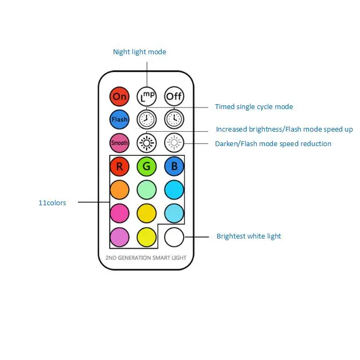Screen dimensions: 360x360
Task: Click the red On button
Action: [119, 96]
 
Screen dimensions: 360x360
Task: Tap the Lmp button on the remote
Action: [147, 96]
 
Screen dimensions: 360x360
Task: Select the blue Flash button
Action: [119, 119]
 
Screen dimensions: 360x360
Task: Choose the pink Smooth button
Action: [119, 143]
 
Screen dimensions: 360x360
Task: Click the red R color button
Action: [119, 166]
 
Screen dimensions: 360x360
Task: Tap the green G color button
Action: [147, 166]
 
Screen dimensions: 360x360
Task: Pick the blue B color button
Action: [174, 166]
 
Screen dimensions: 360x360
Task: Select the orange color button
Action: [119, 190]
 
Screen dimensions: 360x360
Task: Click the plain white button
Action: [174, 237]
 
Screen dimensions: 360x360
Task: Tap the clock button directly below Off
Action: [174, 119]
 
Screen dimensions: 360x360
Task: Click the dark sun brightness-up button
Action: [147, 143]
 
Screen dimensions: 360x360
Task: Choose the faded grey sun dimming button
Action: [174, 143]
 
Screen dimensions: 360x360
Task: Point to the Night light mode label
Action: [140, 52]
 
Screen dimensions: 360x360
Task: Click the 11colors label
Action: [52, 203]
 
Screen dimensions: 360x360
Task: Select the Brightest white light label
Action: [249, 236]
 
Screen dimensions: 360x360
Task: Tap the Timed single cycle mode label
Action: [254, 107]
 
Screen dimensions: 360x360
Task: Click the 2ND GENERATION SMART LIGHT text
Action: [146, 258]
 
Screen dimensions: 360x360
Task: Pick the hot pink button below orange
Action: [119, 213]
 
